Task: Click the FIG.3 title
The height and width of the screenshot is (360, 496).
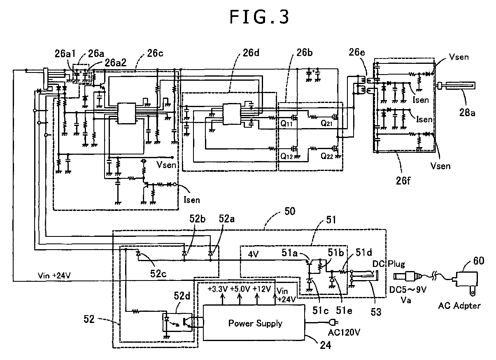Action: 259,17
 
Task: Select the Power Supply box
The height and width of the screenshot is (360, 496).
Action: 254,323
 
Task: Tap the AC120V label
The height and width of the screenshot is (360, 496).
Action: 344,332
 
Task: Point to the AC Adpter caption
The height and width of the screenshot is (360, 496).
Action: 459,306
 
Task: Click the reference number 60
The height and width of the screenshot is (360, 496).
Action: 479,261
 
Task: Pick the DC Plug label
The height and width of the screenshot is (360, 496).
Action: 389,264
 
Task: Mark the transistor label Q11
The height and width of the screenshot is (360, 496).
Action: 286,124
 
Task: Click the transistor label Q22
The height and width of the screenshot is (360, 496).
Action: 326,156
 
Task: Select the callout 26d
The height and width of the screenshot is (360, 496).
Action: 251,53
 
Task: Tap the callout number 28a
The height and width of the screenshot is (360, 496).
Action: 467,113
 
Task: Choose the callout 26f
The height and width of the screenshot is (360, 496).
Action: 403,180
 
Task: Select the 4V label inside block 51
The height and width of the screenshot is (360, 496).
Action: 253,254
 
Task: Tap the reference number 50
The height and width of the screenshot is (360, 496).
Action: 290,211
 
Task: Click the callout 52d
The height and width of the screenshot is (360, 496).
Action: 182,295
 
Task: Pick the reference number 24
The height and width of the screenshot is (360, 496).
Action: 325,345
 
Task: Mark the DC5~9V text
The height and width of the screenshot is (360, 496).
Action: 408,290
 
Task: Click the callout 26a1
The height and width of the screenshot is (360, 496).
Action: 65,54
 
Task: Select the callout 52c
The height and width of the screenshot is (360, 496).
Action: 158,274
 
